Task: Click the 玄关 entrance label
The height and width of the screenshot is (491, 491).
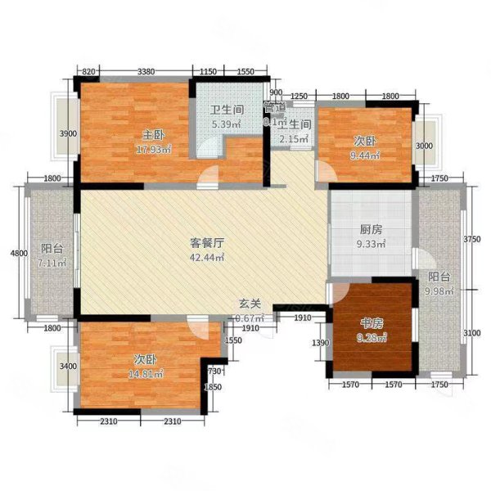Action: pos(250,304)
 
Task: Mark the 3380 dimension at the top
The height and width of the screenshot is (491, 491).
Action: pos(146,71)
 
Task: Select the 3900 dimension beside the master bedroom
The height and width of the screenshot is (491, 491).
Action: pos(70,134)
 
